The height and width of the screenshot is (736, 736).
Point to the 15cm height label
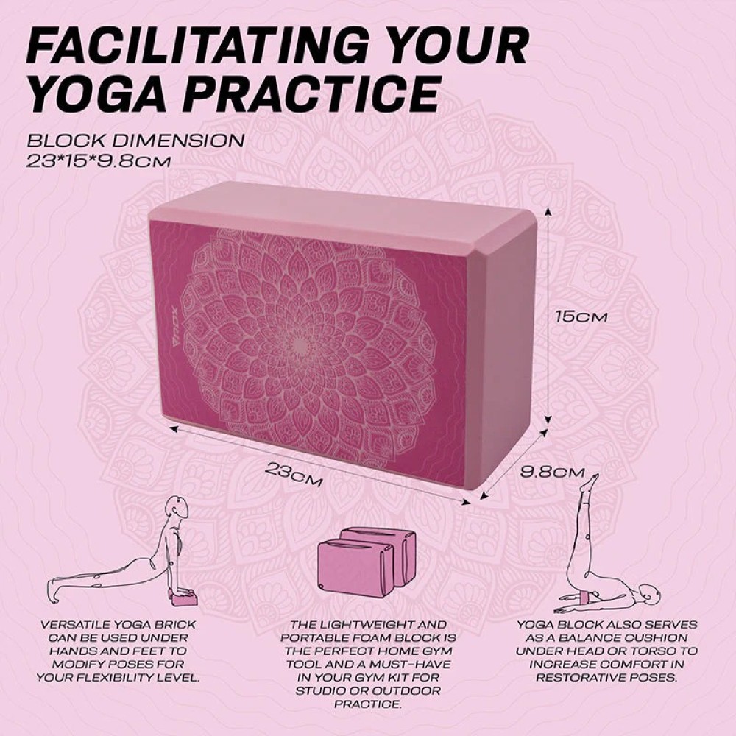coord(581,317)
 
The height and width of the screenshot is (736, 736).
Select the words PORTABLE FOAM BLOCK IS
coord(368,637)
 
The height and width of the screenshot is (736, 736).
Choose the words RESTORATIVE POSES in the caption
coord(606,678)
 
